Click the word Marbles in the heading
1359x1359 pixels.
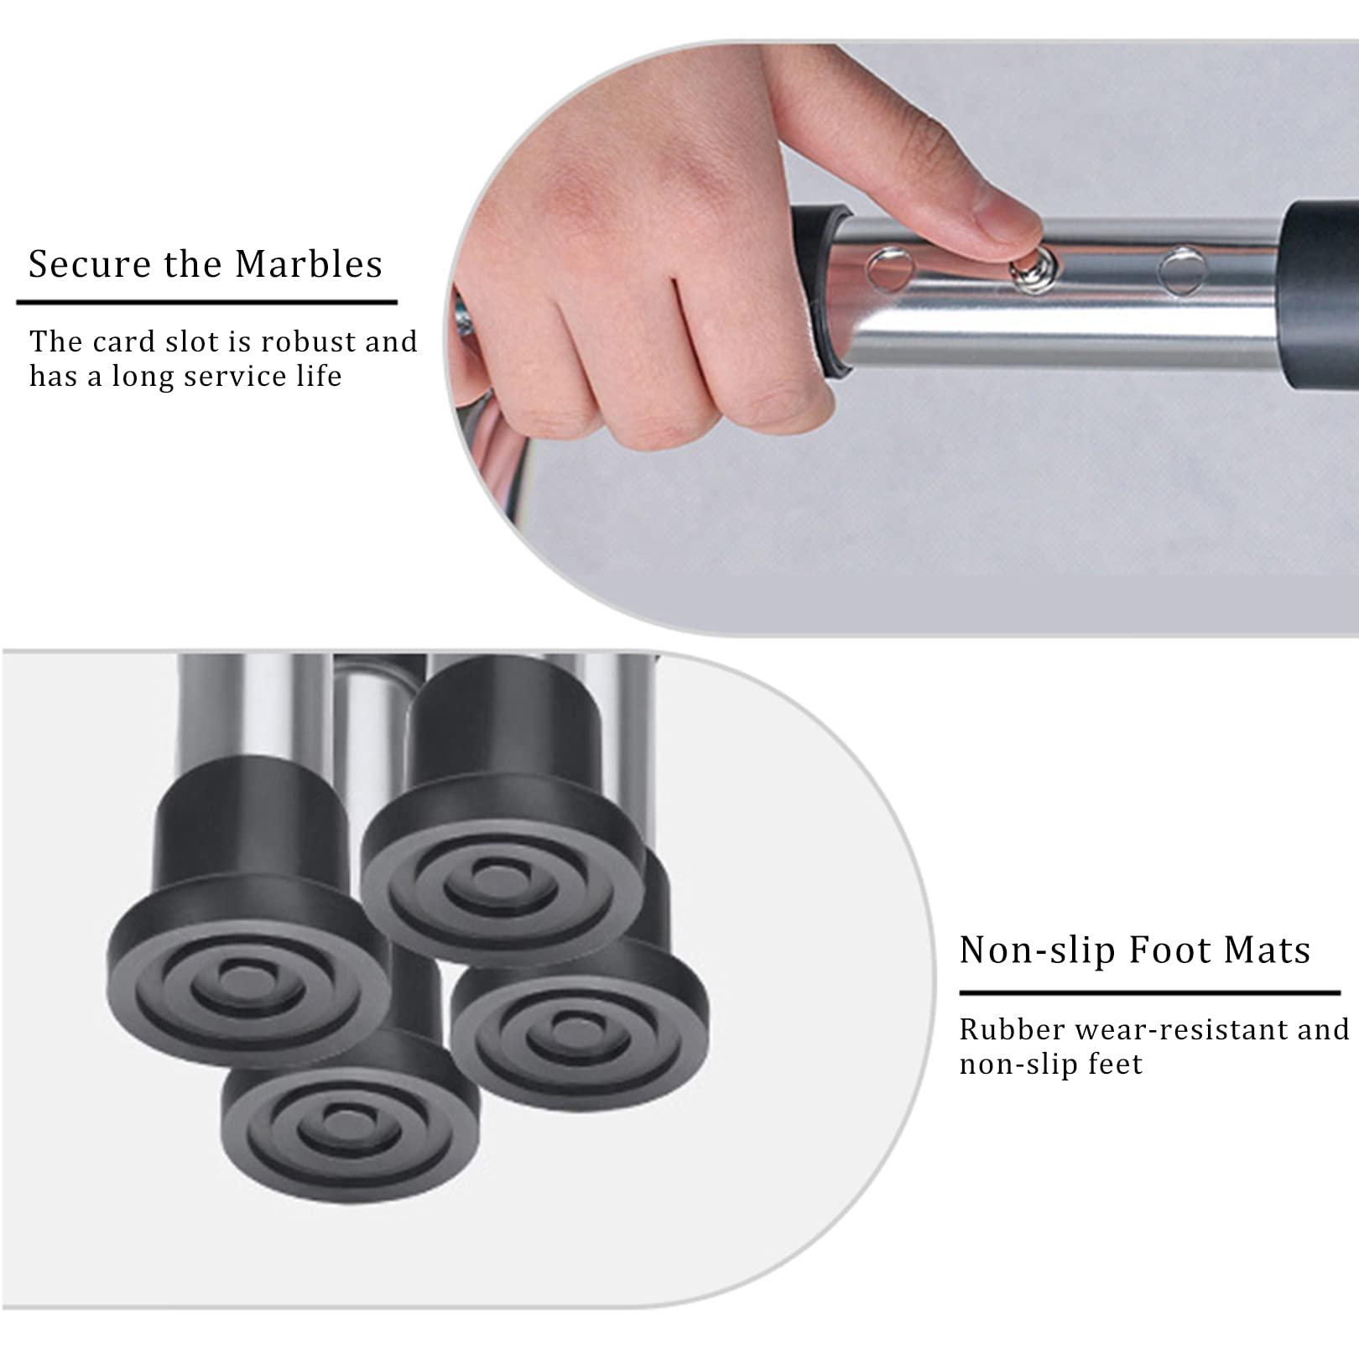pyautogui.click(x=308, y=264)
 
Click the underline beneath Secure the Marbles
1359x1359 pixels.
pyautogui.click(x=206, y=302)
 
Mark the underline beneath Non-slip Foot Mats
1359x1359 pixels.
pyautogui.click(x=1149, y=993)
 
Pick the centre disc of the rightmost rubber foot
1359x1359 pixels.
pyautogui.click(x=576, y=1023)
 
